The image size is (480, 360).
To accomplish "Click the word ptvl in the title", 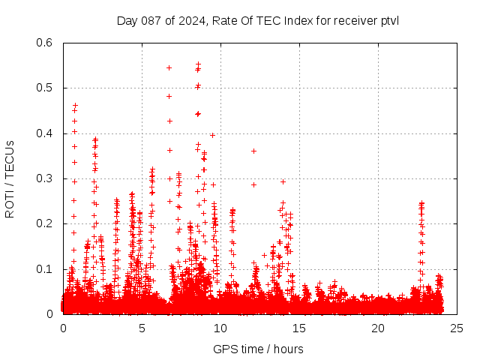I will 388,20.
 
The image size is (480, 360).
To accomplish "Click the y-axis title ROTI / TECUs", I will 10,178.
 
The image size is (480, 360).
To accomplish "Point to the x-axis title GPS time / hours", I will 258,349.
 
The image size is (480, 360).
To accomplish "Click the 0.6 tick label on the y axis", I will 44,43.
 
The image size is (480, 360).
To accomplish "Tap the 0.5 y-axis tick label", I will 44,88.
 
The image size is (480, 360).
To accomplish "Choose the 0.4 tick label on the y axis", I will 44,133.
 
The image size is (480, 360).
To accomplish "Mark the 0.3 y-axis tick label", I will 44,178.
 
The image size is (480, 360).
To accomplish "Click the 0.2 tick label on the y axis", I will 44,223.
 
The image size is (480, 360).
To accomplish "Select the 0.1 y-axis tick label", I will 44,269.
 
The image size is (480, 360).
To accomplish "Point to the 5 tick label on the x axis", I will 142,328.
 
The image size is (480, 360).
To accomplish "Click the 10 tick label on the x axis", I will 220,328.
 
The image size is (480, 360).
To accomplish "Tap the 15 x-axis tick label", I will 299,328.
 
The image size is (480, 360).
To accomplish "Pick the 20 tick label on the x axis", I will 378,328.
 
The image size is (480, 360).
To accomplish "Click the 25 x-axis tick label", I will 457,328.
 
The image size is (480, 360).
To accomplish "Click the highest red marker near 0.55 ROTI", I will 198,64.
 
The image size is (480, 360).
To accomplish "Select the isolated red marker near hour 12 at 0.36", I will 253,151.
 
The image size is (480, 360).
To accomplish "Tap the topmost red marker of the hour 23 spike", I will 421,202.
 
